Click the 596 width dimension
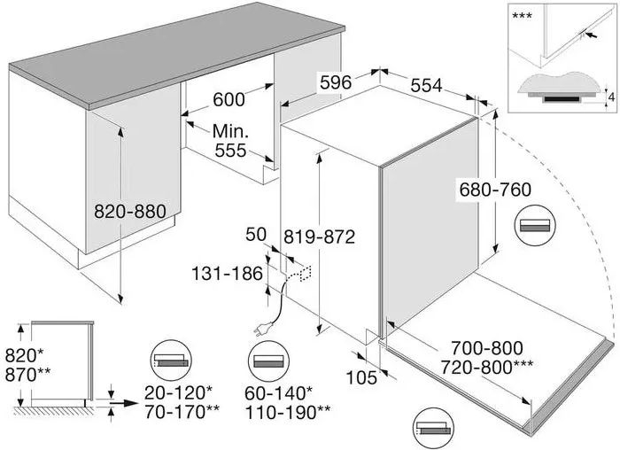[336, 82]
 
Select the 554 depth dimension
[426, 85]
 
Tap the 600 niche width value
[229, 99]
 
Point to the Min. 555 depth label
[230, 140]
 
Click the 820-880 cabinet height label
[130, 212]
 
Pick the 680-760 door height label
[495, 190]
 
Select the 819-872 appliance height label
[319, 237]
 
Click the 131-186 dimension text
[227, 273]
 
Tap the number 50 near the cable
[256, 235]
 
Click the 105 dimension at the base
[361, 377]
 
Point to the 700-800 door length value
[487, 348]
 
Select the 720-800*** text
[487, 368]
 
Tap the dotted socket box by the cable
[306, 273]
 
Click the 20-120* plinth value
[178, 393]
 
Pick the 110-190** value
[288, 413]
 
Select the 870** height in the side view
[27, 375]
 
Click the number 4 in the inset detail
[612, 97]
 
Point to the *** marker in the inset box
[522, 16]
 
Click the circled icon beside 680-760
[535, 226]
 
